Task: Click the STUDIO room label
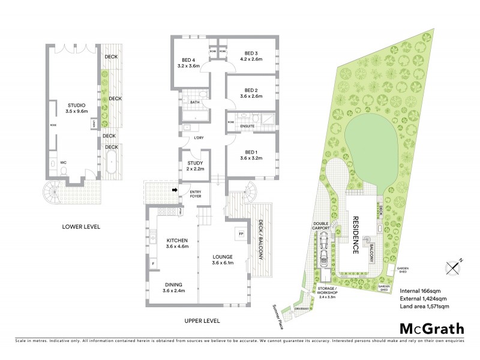77,106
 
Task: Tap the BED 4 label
188,60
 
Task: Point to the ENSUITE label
247,126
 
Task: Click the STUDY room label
195,163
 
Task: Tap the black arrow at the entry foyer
175,191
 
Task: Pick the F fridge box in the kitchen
153,263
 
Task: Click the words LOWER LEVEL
80,227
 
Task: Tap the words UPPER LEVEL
203,320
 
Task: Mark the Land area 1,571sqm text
425,306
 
